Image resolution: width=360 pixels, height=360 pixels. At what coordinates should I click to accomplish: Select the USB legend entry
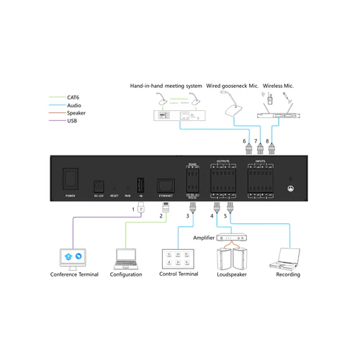point(72,122)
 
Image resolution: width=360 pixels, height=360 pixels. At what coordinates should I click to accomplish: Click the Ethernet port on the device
point(166,184)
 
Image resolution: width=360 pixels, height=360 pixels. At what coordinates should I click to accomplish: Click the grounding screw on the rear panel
point(290,189)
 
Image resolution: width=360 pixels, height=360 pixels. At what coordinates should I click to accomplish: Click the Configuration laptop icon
point(126,258)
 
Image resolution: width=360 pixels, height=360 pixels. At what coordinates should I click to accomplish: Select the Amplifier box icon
point(231,237)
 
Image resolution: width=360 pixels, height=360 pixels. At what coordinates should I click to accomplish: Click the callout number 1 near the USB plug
point(133,208)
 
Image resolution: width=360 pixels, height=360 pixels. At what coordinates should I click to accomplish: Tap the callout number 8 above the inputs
point(268,140)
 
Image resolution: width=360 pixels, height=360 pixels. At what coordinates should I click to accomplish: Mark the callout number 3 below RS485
point(188,215)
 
